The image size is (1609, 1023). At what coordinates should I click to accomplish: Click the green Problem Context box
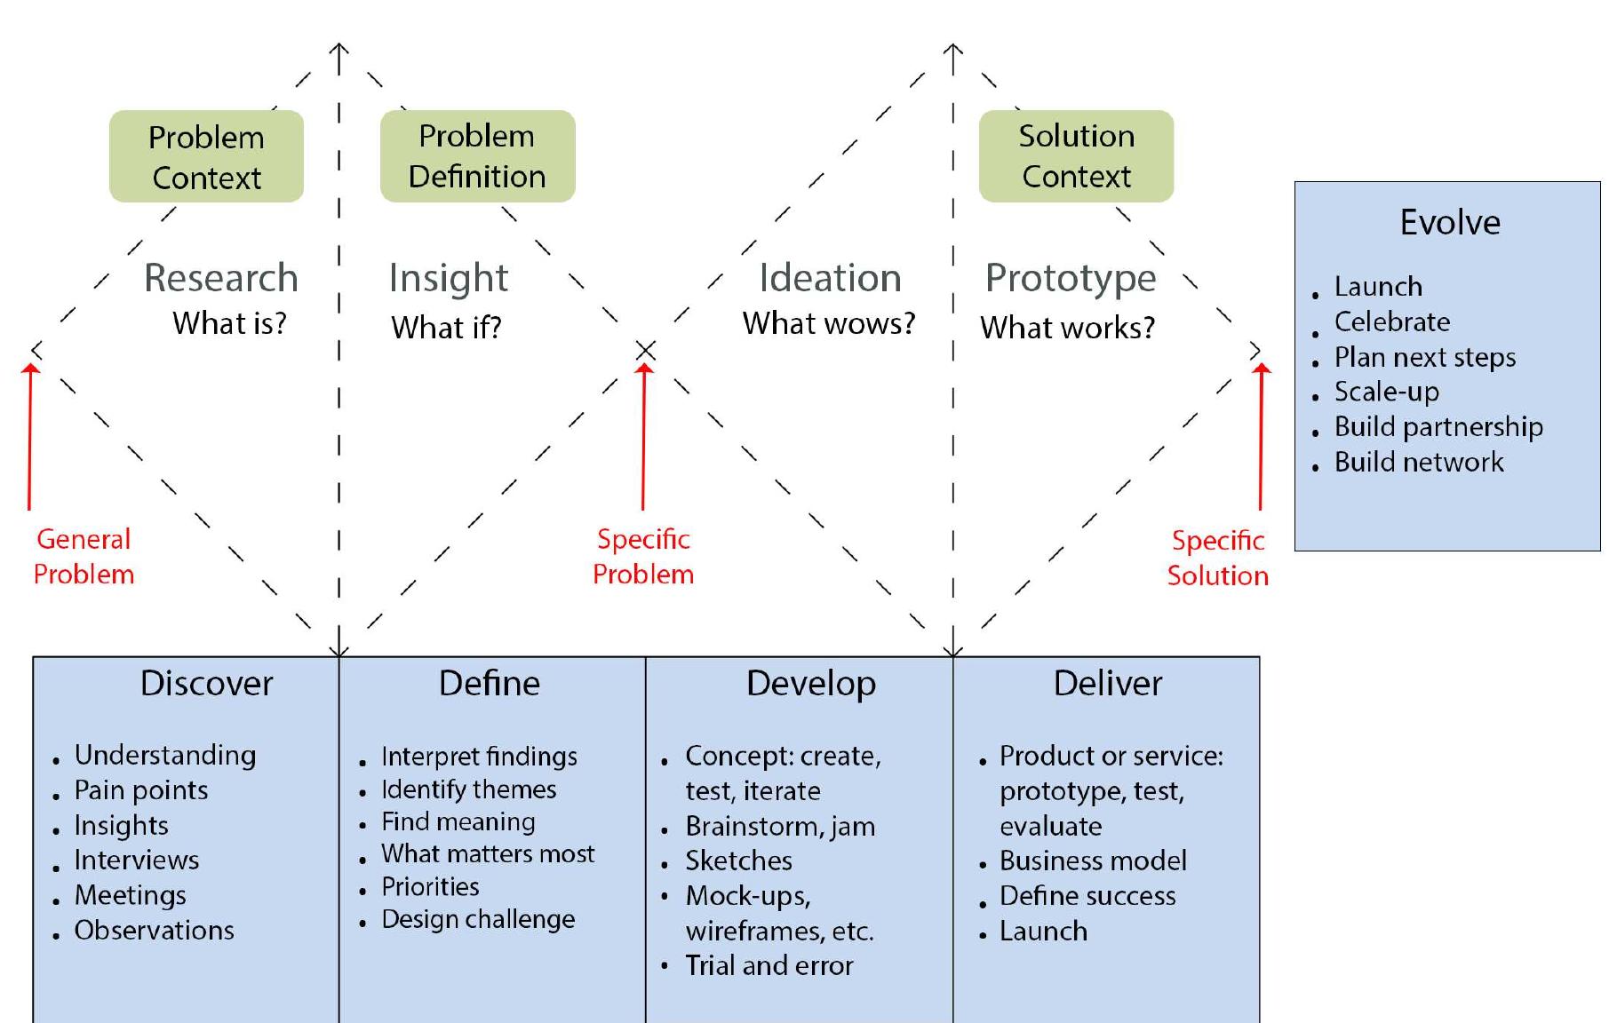coord(206,157)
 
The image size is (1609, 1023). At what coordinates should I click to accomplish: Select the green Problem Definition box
coord(477,156)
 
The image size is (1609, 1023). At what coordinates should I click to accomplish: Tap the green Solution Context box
coord(1076,156)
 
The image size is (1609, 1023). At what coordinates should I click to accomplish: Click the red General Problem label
coord(84,557)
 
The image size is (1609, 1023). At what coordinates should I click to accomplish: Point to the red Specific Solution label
coord(1217,558)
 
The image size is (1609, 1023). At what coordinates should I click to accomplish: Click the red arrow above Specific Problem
coord(644,435)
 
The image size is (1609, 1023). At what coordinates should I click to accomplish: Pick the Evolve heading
coord(1450,222)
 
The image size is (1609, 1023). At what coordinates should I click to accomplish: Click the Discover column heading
coord(206,683)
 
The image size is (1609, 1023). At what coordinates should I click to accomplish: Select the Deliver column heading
coord(1107,683)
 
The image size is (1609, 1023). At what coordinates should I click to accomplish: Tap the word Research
coord(220,278)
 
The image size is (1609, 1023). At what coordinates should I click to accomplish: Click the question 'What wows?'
coord(828,323)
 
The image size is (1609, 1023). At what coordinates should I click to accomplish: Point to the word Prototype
coord(1071,279)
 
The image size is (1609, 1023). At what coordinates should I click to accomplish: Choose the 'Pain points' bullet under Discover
coord(140,790)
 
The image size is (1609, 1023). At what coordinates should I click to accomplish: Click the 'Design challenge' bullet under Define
coord(478,919)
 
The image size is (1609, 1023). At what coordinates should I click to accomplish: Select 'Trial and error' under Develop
coord(769,965)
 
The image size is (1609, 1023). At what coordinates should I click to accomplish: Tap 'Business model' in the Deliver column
coord(1093,860)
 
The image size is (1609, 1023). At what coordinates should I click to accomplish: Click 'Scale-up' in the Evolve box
coord(1386,392)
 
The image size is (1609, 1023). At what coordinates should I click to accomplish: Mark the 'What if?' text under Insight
coord(446,328)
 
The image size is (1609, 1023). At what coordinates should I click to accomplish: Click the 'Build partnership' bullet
coord(1438,427)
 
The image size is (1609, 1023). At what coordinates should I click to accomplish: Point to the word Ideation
coord(830,278)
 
